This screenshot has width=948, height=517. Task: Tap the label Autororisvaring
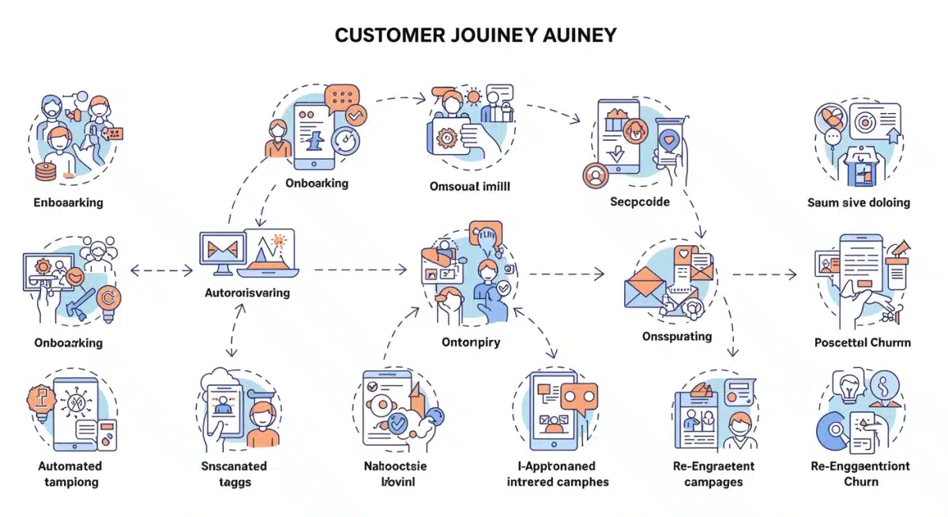coord(246,292)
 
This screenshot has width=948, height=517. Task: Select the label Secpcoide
coord(639,202)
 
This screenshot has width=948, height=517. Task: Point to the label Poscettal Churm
coord(862,342)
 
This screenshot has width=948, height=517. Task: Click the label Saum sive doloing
coord(858,202)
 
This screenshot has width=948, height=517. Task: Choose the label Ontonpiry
coord(470,342)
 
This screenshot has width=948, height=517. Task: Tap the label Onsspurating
coord(676,336)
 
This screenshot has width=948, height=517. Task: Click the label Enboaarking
coord(68,202)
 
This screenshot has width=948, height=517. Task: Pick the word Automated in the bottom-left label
coord(70,466)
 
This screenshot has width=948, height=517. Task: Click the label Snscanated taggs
coord(234,474)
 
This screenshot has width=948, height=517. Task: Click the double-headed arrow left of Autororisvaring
coord(161,271)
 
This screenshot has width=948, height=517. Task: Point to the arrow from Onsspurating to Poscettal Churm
coord(764,274)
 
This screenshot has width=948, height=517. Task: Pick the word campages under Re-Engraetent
coord(713,481)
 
